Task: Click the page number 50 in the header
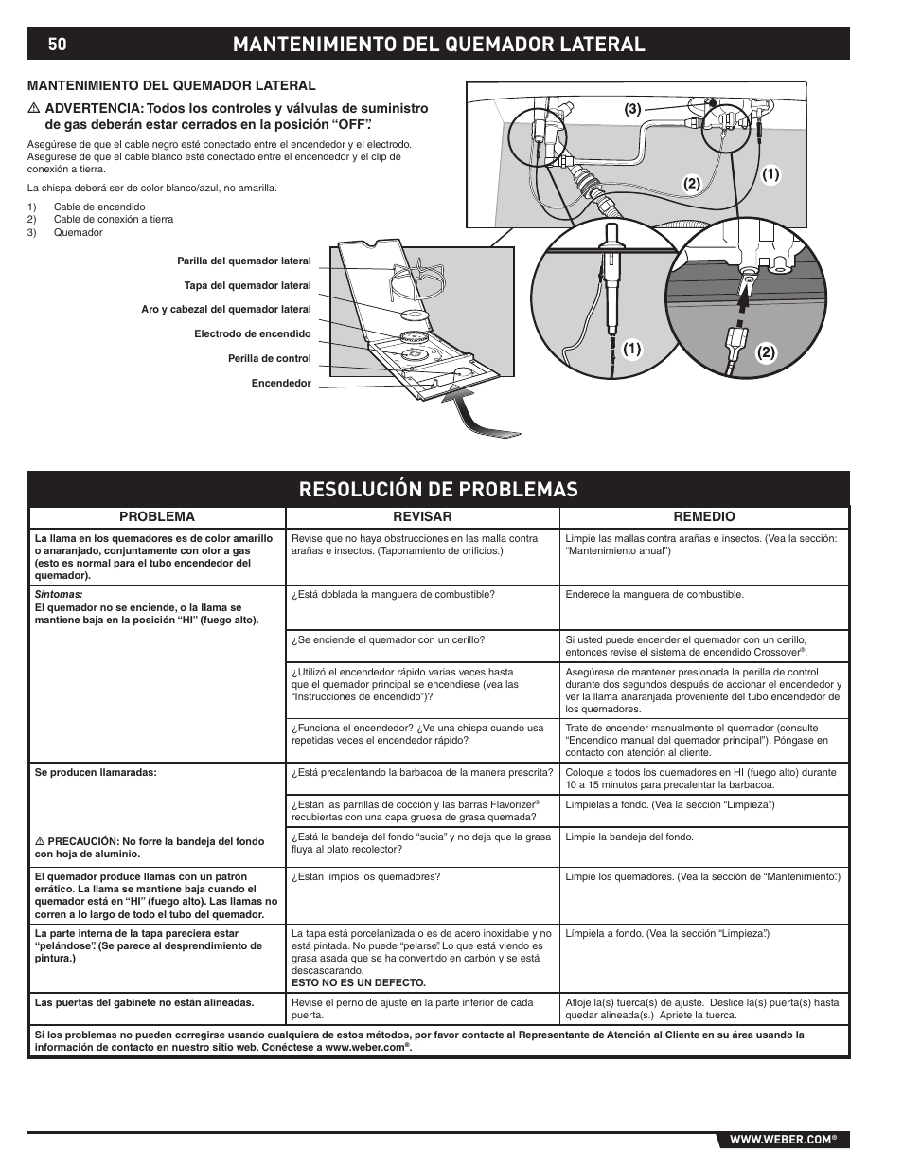coord(59,45)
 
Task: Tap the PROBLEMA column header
coord(156,516)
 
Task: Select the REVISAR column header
coord(422,516)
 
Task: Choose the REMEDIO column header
coord(703,516)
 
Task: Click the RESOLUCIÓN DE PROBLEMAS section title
coord(437,488)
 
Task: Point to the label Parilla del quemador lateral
coord(243,261)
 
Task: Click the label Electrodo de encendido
coord(252,333)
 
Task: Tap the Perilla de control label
coord(269,358)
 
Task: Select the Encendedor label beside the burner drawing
coord(281,383)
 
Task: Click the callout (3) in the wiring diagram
coord(632,110)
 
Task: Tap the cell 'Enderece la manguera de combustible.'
coord(654,595)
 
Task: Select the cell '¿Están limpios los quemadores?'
coord(365,876)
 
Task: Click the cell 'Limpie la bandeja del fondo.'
coord(629,837)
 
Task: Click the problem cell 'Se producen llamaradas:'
coord(96,772)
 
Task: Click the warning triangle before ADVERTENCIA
coord(32,109)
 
